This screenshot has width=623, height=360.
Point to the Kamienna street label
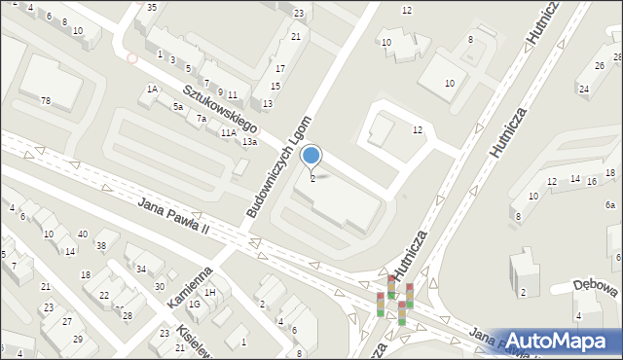click(189, 289)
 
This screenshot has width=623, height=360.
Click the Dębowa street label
click(597, 289)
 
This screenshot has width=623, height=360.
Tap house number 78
click(46, 101)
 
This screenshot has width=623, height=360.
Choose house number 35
click(151, 7)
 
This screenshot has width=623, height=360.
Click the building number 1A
click(152, 90)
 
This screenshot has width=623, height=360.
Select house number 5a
click(178, 106)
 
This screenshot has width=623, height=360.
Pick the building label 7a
click(202, 119)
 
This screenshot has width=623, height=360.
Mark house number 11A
click(228, 132)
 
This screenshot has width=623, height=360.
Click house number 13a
click(250, 142)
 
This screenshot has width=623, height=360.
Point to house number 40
click(83, 234)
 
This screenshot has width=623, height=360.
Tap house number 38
click(100, 245)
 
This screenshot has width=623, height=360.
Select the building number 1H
click(210, 293)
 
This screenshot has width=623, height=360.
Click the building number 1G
click(195, 305)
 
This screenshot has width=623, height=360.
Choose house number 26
click(599, 66)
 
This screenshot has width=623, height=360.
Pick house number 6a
click(610, 205)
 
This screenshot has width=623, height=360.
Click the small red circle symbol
click(131, 58)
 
